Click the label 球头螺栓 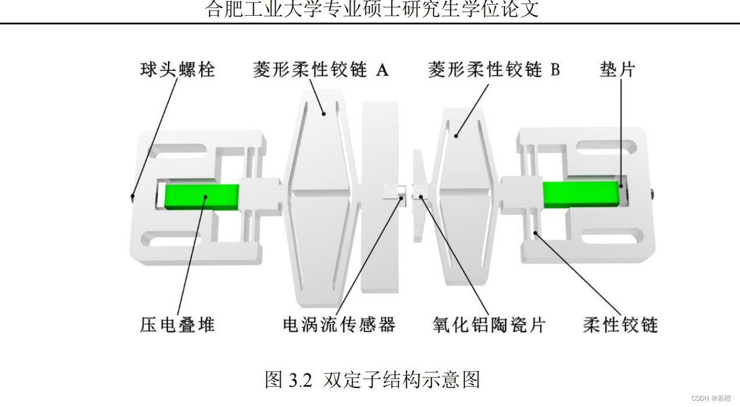point(177,70)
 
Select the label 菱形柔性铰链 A point(320,70)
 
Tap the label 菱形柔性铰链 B point(494,70)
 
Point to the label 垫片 point(617,70)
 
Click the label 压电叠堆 point(177,324)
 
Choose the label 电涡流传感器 point(339,324)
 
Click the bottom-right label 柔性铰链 point(620,324)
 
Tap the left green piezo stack point(202,197)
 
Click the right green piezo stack point(580,194)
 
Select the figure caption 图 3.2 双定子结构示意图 point(373,380)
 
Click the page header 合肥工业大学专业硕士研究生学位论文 point(373,9)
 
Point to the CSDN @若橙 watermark point(712,398)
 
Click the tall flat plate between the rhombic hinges point(380,197)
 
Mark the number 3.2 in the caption point(301,380)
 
